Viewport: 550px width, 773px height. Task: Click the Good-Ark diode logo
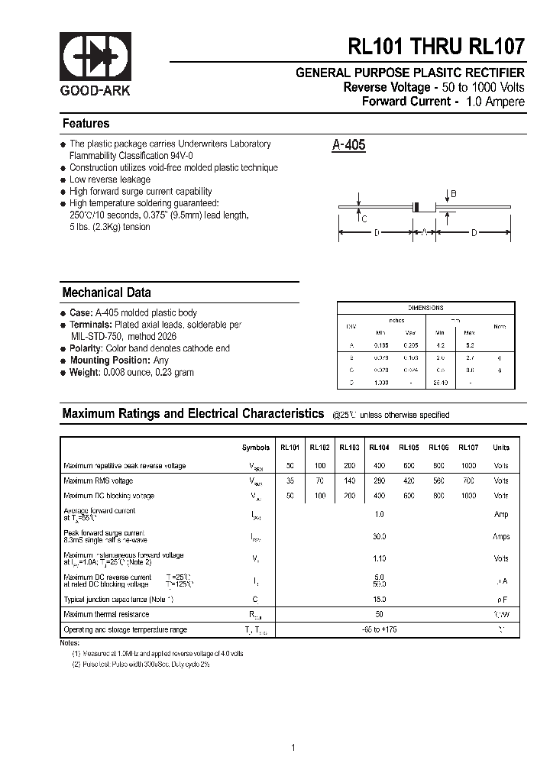click(95, 58)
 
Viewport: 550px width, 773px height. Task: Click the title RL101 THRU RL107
click(436, 47)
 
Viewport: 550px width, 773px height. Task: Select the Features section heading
click(86, 124)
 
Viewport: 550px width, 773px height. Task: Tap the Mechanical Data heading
click(106, 293)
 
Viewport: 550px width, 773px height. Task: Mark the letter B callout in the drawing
click(453, 194)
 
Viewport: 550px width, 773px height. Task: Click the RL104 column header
click(379, 448)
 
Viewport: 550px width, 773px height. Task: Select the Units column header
click(500, 448)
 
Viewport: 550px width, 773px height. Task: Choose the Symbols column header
click(255, 448)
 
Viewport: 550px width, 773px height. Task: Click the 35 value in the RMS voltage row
click(290, 480)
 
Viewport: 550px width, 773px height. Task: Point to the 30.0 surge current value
click(380, 537)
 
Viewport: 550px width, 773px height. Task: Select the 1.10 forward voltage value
click(380, 559)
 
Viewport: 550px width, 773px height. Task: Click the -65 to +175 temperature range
click(380, 629)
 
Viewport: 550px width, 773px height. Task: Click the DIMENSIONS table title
click(425, 308)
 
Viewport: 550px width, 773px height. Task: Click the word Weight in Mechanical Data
click(84, 372)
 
